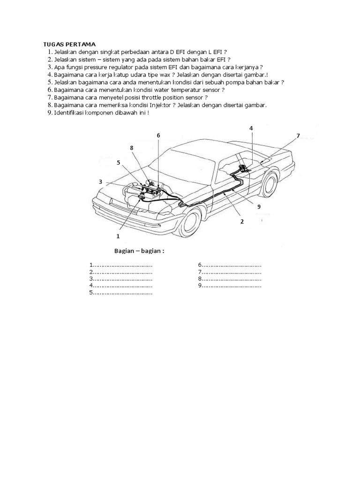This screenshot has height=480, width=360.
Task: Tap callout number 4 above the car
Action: (251, 128)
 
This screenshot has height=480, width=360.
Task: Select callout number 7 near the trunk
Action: (298, 136)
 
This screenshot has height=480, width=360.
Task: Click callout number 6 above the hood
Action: (158, 135)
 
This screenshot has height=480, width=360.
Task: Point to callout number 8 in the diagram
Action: (132, 148)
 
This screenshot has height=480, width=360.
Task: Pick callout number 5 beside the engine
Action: (119, 163)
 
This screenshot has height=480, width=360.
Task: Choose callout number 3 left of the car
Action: (100, 181)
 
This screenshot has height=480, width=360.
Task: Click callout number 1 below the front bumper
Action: (118, 236)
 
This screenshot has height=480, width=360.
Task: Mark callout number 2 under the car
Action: (242, 222)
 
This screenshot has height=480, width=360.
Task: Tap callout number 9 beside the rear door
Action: (258, 205)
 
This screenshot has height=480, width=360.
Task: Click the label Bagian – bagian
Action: (139, 251)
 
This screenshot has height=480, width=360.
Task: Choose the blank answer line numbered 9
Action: (230, 285)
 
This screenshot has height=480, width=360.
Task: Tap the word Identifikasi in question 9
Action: (68, 113)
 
